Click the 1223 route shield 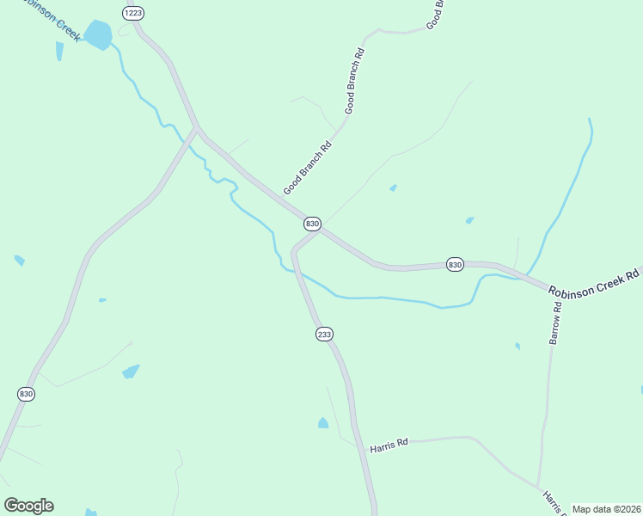pos(132,13)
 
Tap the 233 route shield pos(324,335)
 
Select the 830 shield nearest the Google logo pos(26,394)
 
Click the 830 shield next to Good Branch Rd pos(312,224)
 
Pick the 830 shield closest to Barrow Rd pos(455,265)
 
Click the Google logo pos(28,506)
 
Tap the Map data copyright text pos(606,509)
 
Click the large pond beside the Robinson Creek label pos(98,35)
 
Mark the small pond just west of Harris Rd pos(322,423)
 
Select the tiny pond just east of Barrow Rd pos(517,346)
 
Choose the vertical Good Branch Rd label pos(355,82)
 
